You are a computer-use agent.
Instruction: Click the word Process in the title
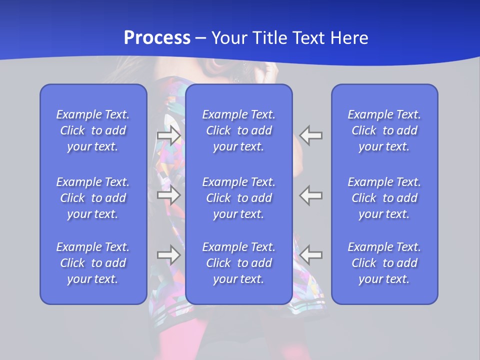click(157, 38)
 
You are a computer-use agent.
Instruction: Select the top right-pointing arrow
click(168, 135)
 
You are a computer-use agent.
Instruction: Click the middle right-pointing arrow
click(168, 195)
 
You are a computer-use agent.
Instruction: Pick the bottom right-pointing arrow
click(168, 255)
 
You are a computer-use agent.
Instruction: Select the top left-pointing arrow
click(311, 135)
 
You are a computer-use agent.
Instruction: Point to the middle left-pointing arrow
click(311, 195)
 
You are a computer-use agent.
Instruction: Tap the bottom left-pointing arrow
click(311, 255)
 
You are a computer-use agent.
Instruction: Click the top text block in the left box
click(93, 130)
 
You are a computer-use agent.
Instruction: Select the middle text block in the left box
click(93, 198)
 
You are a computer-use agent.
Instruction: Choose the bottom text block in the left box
click(93, 263)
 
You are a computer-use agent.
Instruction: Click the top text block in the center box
click(239, 130)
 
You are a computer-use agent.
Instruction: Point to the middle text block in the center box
click(239, 198)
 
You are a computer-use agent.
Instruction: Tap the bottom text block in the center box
click(239, 263)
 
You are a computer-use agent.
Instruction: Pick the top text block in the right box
click(384, 130)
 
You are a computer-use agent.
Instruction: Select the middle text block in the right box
click(384, 198)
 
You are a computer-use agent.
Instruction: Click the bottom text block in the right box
click(384, 263)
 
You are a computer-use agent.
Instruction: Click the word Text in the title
click(309, 38)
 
